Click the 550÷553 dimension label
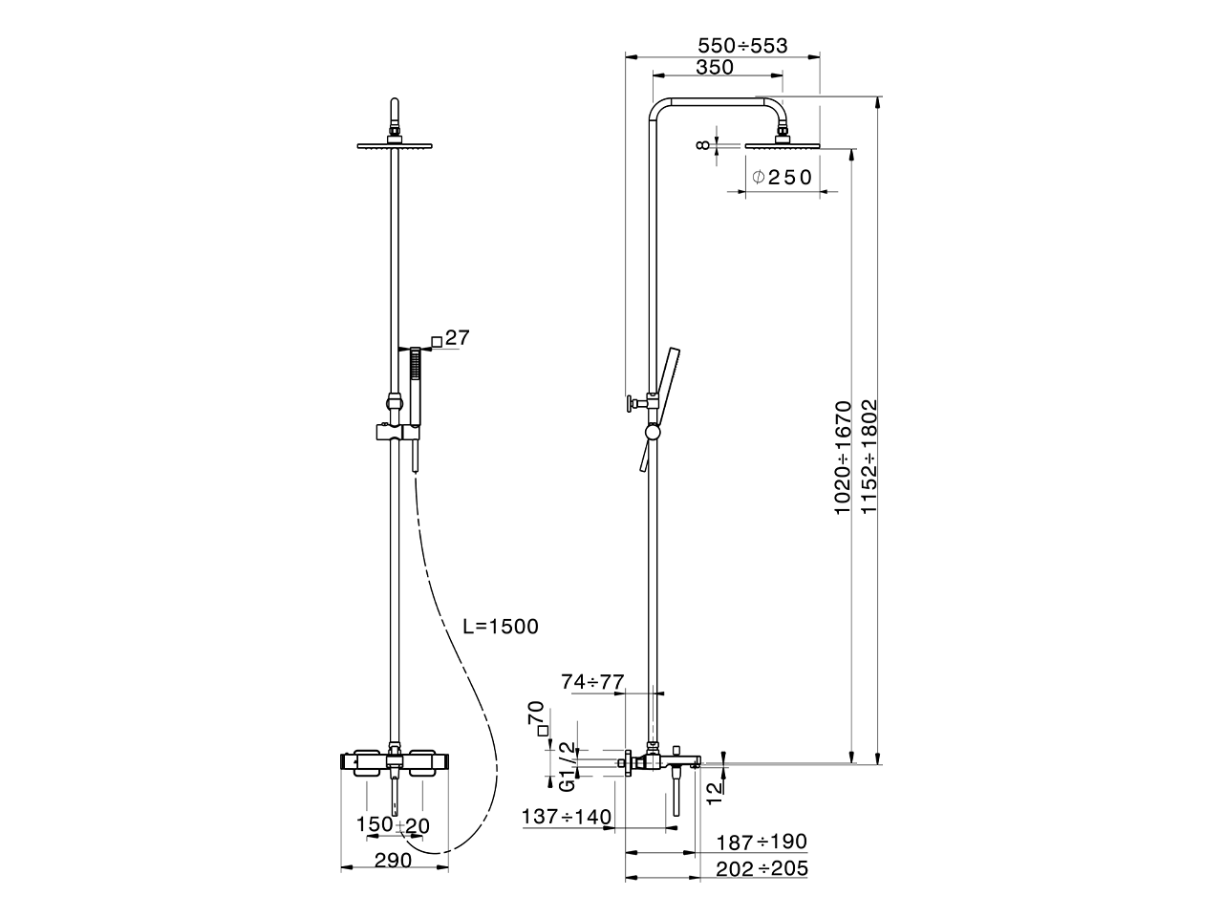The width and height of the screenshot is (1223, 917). (x=741, y=45)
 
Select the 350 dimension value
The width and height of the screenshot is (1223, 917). (x=715, y=67)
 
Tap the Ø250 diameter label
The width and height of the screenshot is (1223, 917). (x=782, y=177)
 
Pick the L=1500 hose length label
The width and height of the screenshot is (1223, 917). (x=500, y=627)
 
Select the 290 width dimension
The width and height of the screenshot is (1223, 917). (x=393, y=860)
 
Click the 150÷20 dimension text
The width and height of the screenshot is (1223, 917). (x=393, y=824)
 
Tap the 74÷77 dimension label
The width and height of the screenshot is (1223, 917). (x=592, y=682)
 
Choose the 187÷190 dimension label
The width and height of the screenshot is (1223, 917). (x=762, y=842)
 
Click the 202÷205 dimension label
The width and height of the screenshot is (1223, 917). (x=762, y=867)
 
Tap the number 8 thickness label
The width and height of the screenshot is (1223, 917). (x=703, y=145)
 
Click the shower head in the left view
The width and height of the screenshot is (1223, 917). (x=394, y=145)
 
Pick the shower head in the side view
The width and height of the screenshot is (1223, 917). (x=783, y=144)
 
